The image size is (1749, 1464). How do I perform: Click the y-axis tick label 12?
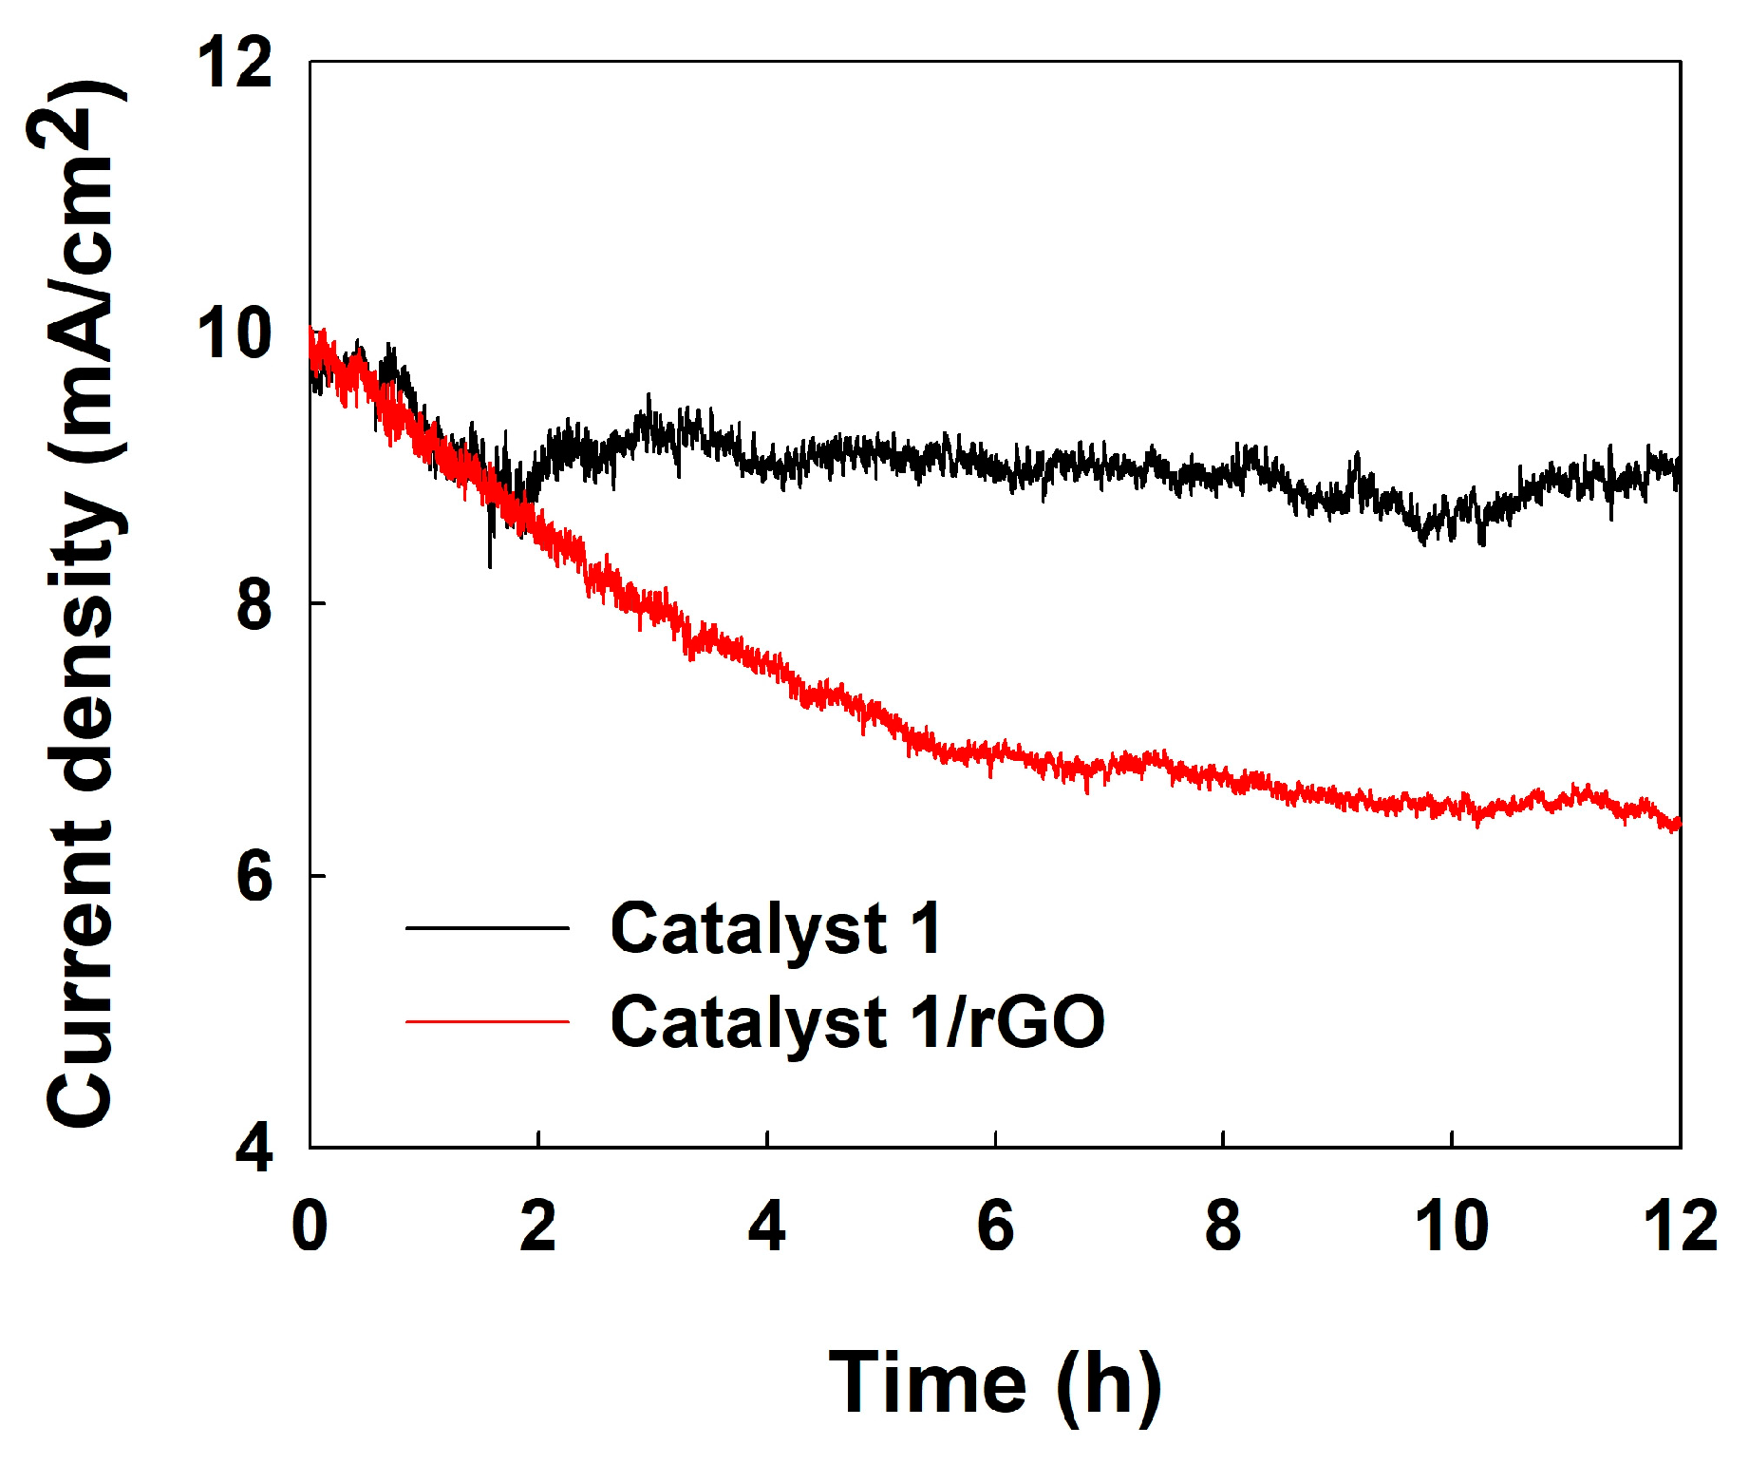click(235, 64)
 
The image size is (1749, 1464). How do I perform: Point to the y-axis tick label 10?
click(235, 333)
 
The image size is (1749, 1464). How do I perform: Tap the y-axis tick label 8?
click(254, 605)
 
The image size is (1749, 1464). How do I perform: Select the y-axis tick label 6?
click(254, 876)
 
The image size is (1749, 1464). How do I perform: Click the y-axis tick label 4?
click(254, 1147)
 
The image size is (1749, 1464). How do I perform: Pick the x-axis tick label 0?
click(310, 1226)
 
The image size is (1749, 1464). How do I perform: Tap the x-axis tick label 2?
click(538, 1226)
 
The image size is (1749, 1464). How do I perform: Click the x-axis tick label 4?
click(766, 1226)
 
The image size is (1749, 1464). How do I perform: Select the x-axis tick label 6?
click(995, 1226)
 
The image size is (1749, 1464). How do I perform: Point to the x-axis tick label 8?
click(1223, 1226)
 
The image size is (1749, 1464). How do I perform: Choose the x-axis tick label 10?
click(1451, 1226)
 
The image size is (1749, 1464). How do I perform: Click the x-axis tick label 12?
click(1680, 1226)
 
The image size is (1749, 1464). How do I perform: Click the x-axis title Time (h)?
click(994, 1384)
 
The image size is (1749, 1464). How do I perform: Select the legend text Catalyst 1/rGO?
click(857, 1022)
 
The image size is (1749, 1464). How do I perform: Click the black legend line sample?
click(487, 928)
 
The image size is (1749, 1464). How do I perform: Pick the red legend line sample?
click(487, 1022)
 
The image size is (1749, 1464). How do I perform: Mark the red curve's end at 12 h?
click(1677, 823)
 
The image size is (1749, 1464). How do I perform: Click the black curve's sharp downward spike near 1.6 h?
click(490, 562)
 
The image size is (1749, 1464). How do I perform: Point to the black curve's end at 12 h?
click(1677, 470)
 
